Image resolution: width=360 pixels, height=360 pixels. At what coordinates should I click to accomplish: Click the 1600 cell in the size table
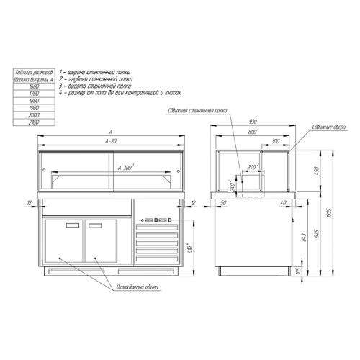pos(30,86)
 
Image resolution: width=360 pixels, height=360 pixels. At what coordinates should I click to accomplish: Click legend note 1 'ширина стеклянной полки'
pos(94,72)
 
